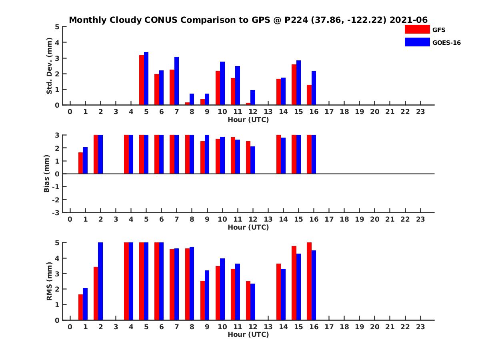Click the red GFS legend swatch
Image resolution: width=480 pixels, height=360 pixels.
click(x=417, y=29)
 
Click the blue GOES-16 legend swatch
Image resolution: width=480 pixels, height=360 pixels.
click(x=417, y=42)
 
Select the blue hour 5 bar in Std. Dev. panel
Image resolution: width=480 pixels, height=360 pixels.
click(x=146, y=78)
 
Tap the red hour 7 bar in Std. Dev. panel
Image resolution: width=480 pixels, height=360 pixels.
click(x=172, y=87)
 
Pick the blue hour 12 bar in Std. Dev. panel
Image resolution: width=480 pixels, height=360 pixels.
click(x=253, y=98)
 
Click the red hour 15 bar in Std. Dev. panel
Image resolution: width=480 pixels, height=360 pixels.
click(x=294, y=84)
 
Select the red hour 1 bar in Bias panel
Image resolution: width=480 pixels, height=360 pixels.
click(x=81, y=163)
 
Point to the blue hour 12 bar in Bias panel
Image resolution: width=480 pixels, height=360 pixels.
click(x=253, y=160)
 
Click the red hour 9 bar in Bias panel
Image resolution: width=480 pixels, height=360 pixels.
click(x=203, y=158)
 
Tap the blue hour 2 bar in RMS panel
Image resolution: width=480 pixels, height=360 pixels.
click(x=100, y=281)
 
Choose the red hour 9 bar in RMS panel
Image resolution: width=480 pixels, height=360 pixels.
click(x=203, y=300)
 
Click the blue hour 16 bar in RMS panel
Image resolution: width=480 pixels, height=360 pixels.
click(x=314, y=285)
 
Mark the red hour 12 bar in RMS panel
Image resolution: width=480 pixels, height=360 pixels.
click(x=248, y=300)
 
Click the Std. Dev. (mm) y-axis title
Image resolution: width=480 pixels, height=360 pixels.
click(x=49, y=66)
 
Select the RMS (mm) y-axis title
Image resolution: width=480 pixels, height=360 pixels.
click(x=49, y=281)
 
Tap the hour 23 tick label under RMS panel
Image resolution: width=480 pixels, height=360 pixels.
click(x=420, y=327)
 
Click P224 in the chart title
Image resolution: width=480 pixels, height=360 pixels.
click(x=296, y=20)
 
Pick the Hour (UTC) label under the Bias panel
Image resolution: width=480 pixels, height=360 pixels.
click(x=248, y=227)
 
